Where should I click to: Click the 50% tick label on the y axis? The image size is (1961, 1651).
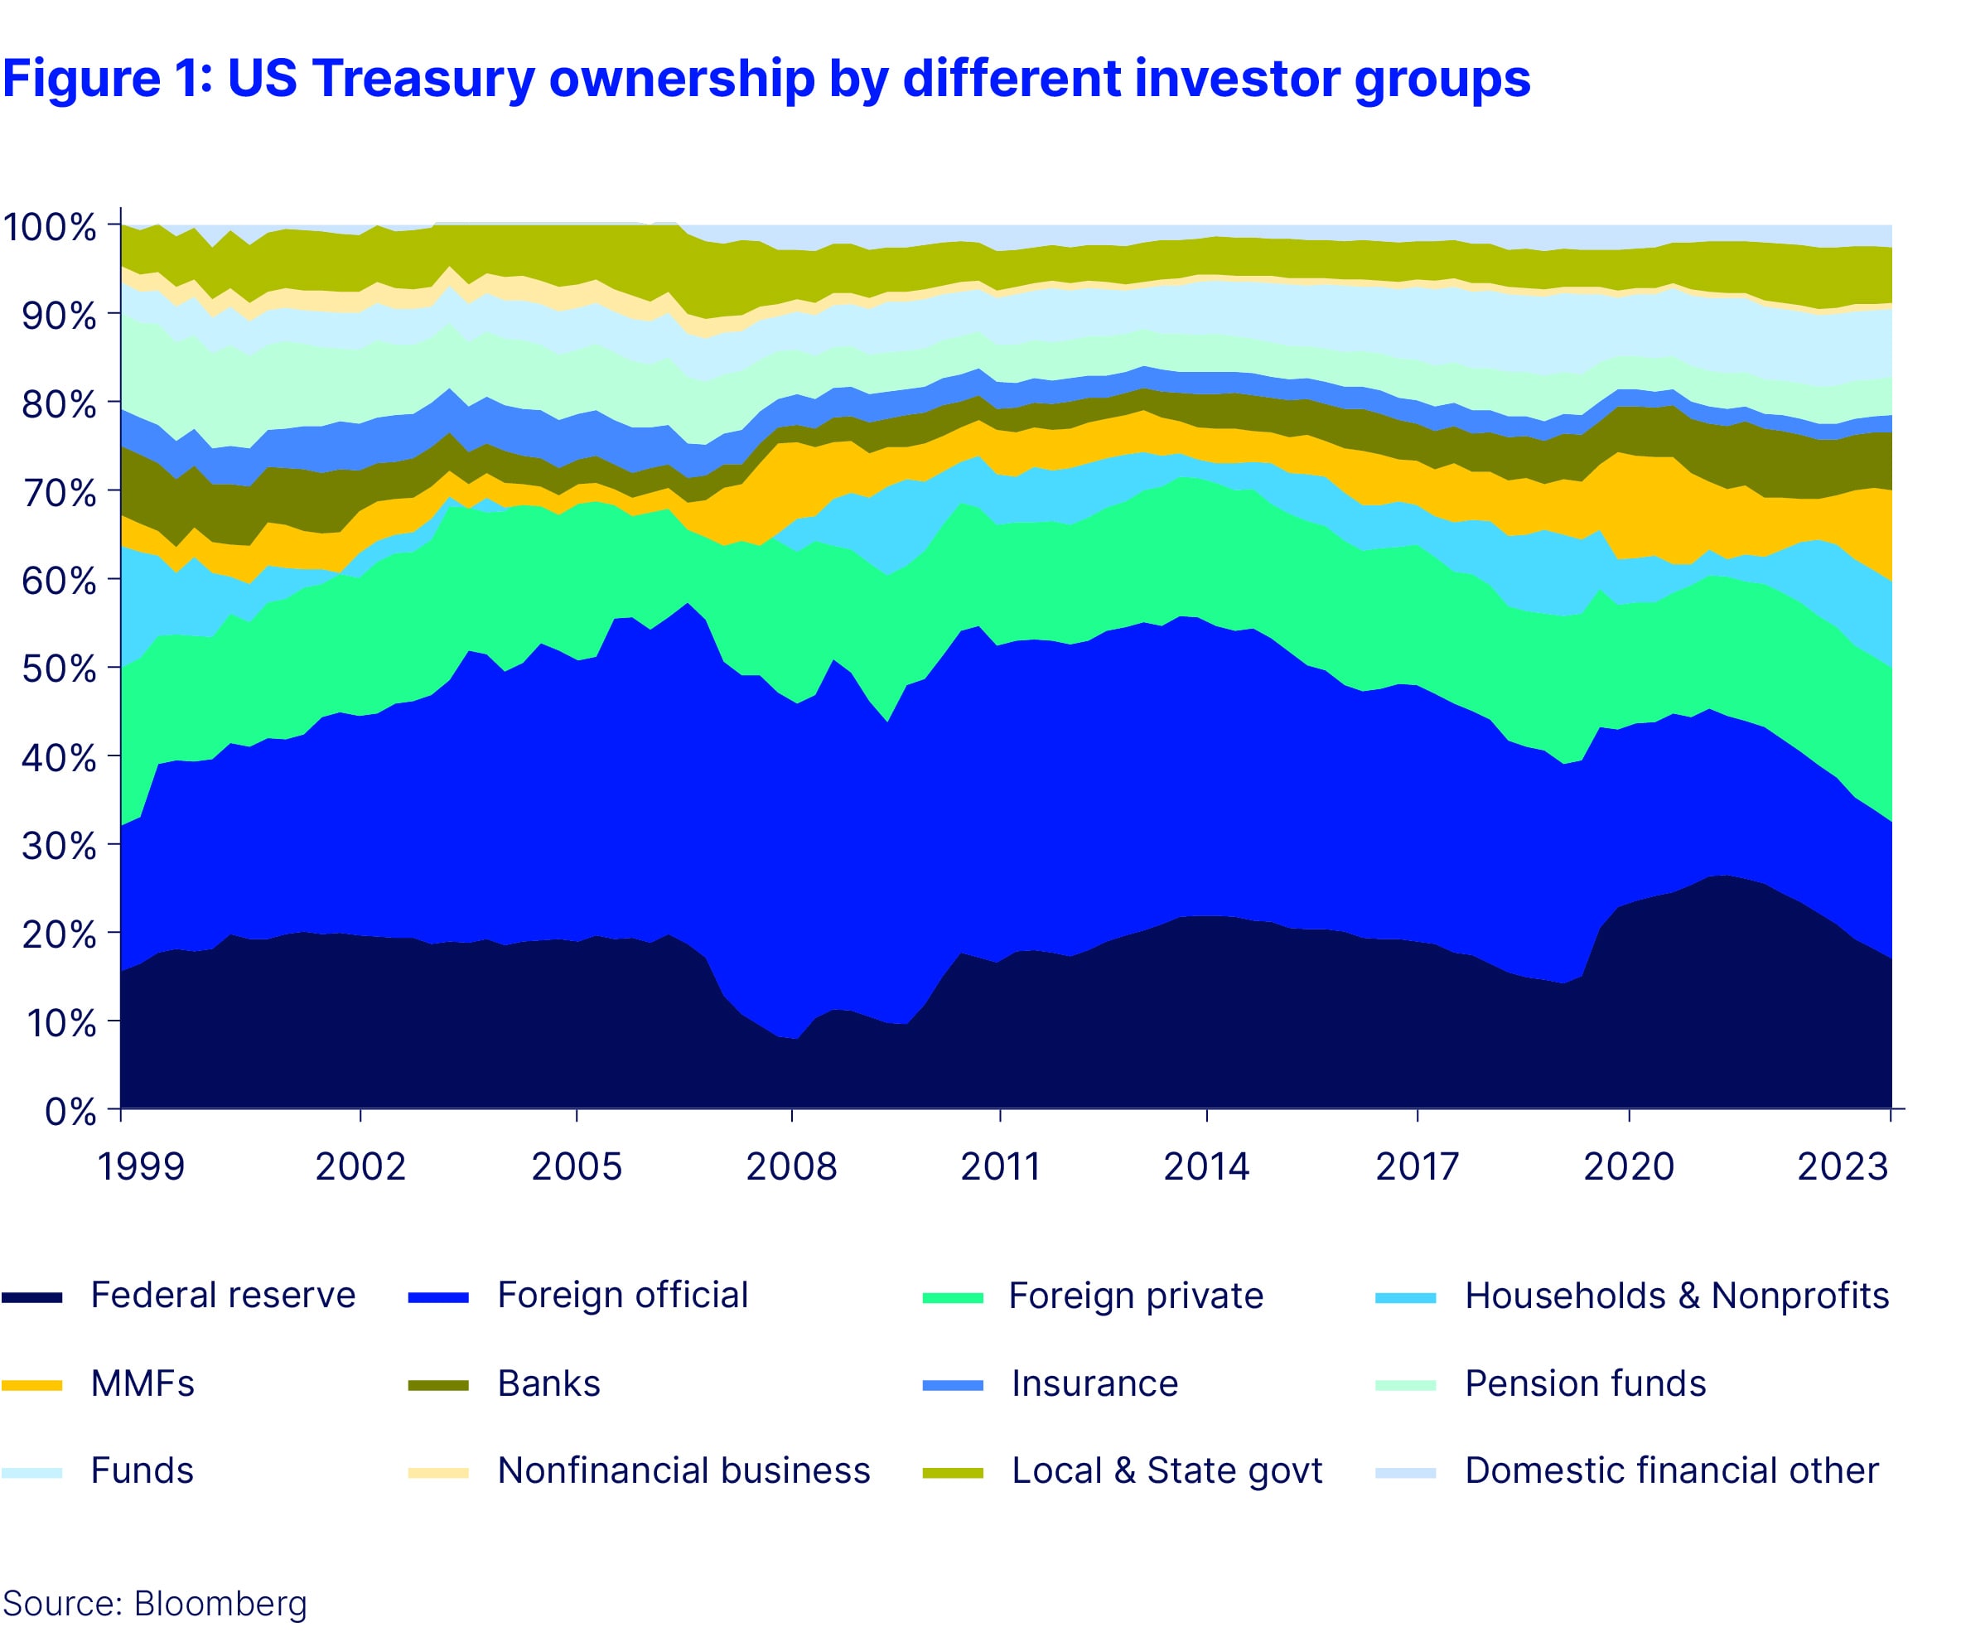58,669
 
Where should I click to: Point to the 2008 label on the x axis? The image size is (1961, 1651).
791,1166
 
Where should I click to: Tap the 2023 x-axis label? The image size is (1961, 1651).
1843,1166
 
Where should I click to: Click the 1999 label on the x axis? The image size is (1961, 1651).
142,1166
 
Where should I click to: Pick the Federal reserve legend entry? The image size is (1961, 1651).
223,1296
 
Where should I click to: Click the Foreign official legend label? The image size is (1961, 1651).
622,1296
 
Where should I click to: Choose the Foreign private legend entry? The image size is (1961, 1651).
1135,1296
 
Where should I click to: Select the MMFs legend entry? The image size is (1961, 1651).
142,1383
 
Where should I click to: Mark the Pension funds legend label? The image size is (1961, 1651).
1585,1383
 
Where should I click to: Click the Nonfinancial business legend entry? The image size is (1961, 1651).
683,1470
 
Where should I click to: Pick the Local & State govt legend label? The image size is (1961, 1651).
1166,1470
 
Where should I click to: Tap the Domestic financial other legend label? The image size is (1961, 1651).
1671,1470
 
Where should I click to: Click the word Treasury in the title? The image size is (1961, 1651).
423,80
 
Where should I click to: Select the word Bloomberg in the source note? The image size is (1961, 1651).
220,1603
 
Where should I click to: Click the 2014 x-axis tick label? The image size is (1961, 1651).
1205,1166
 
